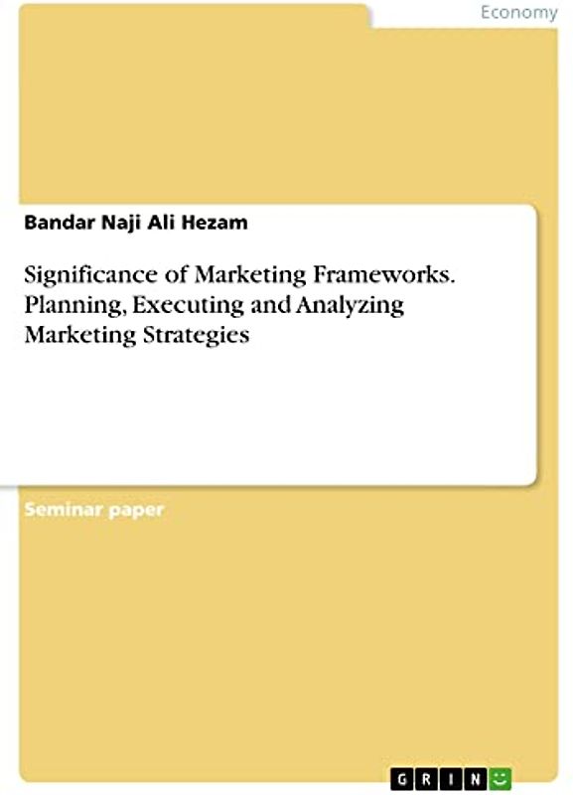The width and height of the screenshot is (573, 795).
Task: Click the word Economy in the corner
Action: [518, 13]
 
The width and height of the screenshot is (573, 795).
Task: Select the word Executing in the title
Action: [167, 305]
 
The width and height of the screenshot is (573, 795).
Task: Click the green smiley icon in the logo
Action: [502, 776]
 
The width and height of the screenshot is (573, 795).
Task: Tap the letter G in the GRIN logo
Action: [400, 776]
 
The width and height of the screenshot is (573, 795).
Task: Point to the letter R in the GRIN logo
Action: [425, 776]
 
